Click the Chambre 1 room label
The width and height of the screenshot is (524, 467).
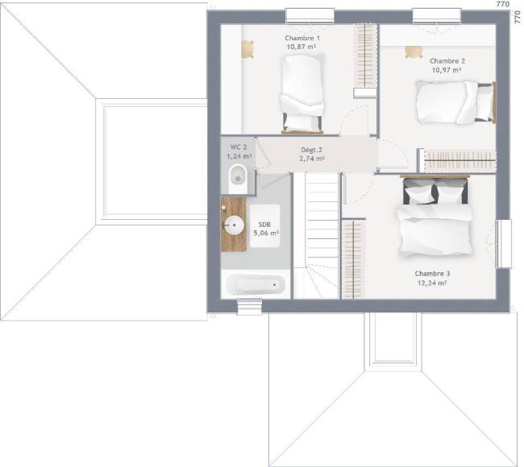[302, 38]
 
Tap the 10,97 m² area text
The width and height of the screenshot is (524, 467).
[447, 70]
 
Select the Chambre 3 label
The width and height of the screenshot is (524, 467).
[432, 274]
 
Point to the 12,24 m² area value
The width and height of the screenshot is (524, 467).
[432, 283]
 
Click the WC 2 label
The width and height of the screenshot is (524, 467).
[239, 147]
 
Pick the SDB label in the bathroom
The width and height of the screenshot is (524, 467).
[264, 225]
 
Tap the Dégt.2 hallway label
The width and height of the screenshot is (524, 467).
[311, 150]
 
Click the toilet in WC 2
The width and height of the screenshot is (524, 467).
[238, 179]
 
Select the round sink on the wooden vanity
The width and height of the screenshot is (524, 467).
[234, 225]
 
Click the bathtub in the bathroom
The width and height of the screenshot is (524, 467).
[256, 285]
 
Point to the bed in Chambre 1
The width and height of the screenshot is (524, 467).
[302, 94]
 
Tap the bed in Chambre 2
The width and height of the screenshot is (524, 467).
[455, 102]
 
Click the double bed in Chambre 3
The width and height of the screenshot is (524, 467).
[435, 217]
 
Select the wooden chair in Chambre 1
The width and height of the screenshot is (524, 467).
[247, 49]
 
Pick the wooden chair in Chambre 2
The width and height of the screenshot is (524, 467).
[414, 52]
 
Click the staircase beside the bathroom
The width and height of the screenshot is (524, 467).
[316, 235]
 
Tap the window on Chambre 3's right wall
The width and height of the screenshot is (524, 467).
[504, 244]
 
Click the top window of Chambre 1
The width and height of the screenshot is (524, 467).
[310, 16]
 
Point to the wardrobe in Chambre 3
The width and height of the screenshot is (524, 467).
[353, 258]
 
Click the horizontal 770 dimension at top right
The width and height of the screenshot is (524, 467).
[503, 4]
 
